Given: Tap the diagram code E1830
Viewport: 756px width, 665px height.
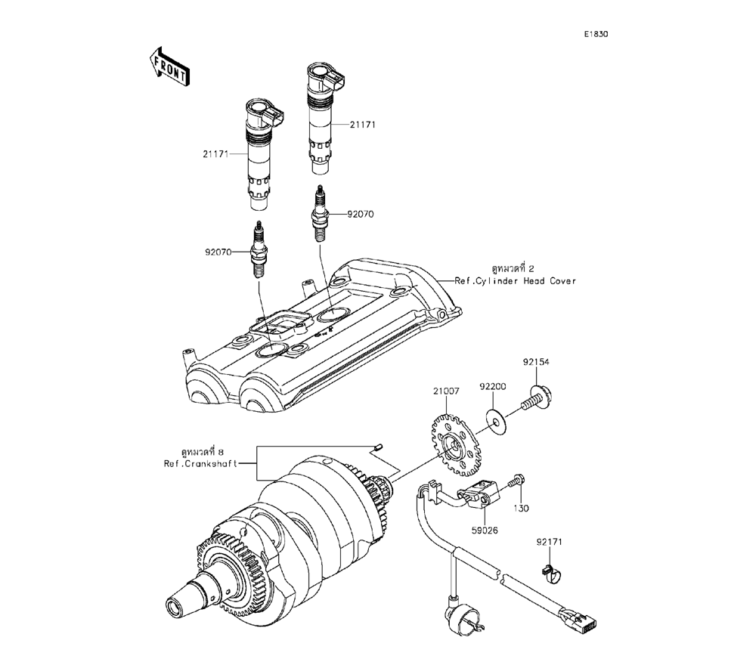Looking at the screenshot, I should point(596,34).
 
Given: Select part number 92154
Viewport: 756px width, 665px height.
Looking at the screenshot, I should point(535,362).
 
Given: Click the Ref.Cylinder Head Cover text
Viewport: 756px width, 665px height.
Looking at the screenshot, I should point(515,280).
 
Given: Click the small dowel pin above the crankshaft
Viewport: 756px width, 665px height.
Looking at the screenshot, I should point(379,448).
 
